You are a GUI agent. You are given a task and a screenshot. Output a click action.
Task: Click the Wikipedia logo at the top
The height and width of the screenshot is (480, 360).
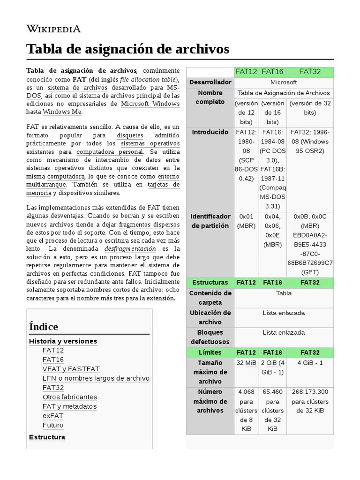(x=53, y=29)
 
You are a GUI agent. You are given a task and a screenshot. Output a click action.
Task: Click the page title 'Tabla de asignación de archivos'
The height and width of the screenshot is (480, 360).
(x=128, y=49)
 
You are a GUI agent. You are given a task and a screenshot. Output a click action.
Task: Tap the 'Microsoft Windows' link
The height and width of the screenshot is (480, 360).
(x=150, y=104)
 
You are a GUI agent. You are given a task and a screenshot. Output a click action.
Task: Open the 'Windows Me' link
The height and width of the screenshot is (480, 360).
(x=62, y=112)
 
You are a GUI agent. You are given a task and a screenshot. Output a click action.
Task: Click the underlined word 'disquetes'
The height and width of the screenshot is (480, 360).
(x=130, y=135)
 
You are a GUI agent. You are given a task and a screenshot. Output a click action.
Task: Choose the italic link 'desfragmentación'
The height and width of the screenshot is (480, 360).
(x=130, y=248)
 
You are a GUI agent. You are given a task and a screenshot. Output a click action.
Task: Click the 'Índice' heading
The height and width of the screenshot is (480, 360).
(x=44, y=327)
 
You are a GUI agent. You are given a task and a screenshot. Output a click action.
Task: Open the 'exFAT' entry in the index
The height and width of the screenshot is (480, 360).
(x=53, y=416)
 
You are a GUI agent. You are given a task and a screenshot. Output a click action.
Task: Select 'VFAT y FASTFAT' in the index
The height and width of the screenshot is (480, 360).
(x=71, y=369)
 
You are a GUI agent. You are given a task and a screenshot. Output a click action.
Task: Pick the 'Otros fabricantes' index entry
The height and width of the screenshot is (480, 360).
(x=70, y=397)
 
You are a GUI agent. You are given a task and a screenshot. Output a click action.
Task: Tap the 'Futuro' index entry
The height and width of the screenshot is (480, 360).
(x=52, y=425)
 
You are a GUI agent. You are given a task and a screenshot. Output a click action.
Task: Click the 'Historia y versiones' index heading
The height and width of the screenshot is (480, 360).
(x=63, y=341)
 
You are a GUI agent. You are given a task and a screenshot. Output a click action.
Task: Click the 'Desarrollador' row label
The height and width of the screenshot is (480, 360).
(x=210, y=82)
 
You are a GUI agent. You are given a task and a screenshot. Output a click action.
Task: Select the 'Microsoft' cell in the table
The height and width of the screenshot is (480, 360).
(x=284, y=82)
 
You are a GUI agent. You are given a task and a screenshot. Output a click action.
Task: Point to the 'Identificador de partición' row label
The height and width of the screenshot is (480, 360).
(x=210, y=221)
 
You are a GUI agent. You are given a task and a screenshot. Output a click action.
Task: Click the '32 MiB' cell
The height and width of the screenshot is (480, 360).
(x=247, y=363)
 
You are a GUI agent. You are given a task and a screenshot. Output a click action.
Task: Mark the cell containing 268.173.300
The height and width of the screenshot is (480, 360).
(x=309, y=392)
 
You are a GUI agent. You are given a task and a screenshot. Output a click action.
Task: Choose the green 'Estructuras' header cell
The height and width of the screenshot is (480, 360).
(x=210, y=283)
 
